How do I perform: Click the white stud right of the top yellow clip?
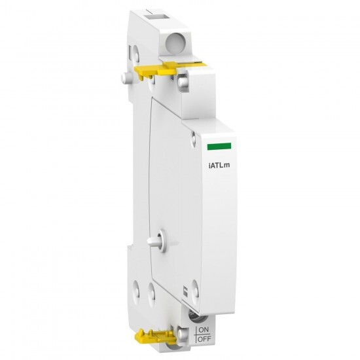click(183, 81)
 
